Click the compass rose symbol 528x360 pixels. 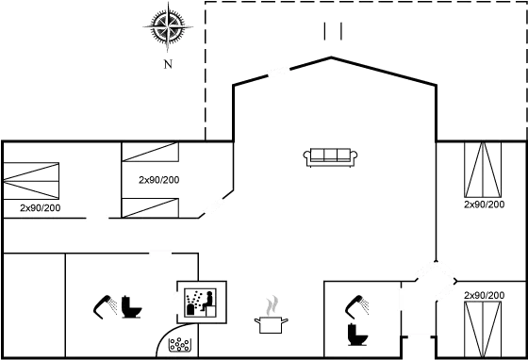[166, 27]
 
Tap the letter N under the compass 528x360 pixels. [167, 65]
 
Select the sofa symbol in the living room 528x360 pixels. [329, 154]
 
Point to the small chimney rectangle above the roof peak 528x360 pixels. [330, 31]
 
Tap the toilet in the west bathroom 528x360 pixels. [129, 308]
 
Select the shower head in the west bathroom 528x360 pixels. [102, 305]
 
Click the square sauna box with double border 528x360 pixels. [203, 301]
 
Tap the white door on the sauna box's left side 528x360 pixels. [176, 302]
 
